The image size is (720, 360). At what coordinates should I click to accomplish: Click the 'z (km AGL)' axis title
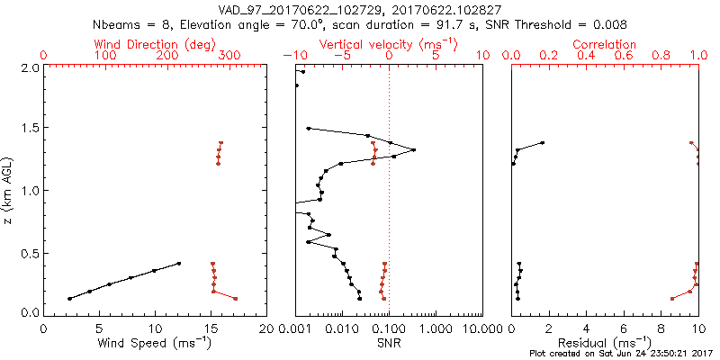pos(10,189)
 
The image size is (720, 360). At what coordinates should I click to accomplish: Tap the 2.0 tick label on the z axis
pos(28,67)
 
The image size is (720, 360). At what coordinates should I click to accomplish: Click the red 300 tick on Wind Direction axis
pos(230,56)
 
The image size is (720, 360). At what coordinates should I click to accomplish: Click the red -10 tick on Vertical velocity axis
pos(290,56)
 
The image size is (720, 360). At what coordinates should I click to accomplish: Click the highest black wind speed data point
pos(179,264)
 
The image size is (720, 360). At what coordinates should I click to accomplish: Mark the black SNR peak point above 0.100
pos(413,150)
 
